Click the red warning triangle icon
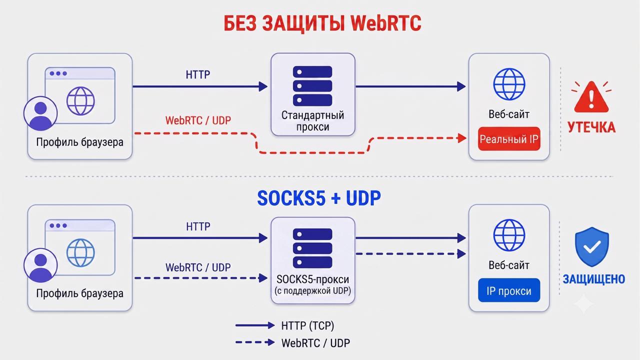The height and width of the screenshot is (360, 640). pos(591,97)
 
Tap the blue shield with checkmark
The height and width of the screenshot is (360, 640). pos(591,247)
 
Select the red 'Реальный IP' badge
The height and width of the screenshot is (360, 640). pos(509,139)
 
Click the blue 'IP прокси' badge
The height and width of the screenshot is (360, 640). pos(509,290)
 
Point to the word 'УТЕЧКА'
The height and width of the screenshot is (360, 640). pos(591,127)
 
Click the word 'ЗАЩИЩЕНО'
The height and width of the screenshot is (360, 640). pos(593,279)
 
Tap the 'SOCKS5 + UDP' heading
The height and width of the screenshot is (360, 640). pos(319,198)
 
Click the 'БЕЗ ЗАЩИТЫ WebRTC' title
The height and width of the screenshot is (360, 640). pos(322,23)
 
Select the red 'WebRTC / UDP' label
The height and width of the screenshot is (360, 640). pos(198,120)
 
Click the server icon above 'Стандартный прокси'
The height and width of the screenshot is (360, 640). pos(312,85)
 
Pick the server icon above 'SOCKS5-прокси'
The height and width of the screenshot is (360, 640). pos(312,248)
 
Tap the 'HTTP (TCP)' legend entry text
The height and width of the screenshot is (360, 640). pos(307,325)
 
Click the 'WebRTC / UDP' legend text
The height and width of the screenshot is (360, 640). pos(315,343)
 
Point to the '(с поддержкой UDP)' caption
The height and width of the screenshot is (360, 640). pos(313,291)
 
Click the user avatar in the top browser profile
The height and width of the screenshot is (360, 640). pos(40,113)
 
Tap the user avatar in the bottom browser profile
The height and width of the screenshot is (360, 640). pos(40,265)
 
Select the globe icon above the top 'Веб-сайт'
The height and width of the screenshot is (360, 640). pos(509,84)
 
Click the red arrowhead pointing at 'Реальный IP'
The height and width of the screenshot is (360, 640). pos(462,138)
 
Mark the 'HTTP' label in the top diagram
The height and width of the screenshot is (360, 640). pos(198,75)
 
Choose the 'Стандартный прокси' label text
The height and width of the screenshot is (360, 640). pos(313,121)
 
